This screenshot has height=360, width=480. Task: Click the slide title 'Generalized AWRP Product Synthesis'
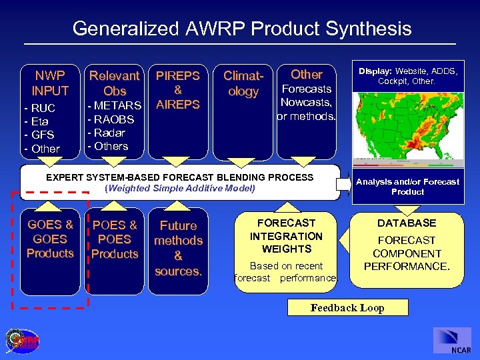241,29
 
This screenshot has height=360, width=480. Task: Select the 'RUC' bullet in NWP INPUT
41,108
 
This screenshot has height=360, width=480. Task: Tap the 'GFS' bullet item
41,135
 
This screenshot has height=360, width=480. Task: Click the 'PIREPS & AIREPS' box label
177,90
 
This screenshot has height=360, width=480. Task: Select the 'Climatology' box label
243,84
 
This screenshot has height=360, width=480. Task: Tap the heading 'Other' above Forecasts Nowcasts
307,74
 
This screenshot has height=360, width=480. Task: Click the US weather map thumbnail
407,125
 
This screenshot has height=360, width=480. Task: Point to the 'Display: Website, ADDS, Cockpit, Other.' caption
407,75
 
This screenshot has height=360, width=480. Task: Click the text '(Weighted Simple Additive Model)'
180,188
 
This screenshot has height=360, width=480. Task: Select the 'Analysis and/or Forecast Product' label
407,186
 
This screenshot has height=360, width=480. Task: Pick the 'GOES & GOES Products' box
50,239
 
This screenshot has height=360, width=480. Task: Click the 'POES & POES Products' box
115,239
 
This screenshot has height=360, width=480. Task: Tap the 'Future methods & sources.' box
178,248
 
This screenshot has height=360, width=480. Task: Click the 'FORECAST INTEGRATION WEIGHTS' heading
286,236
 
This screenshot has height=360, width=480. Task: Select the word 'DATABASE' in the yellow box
407,223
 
